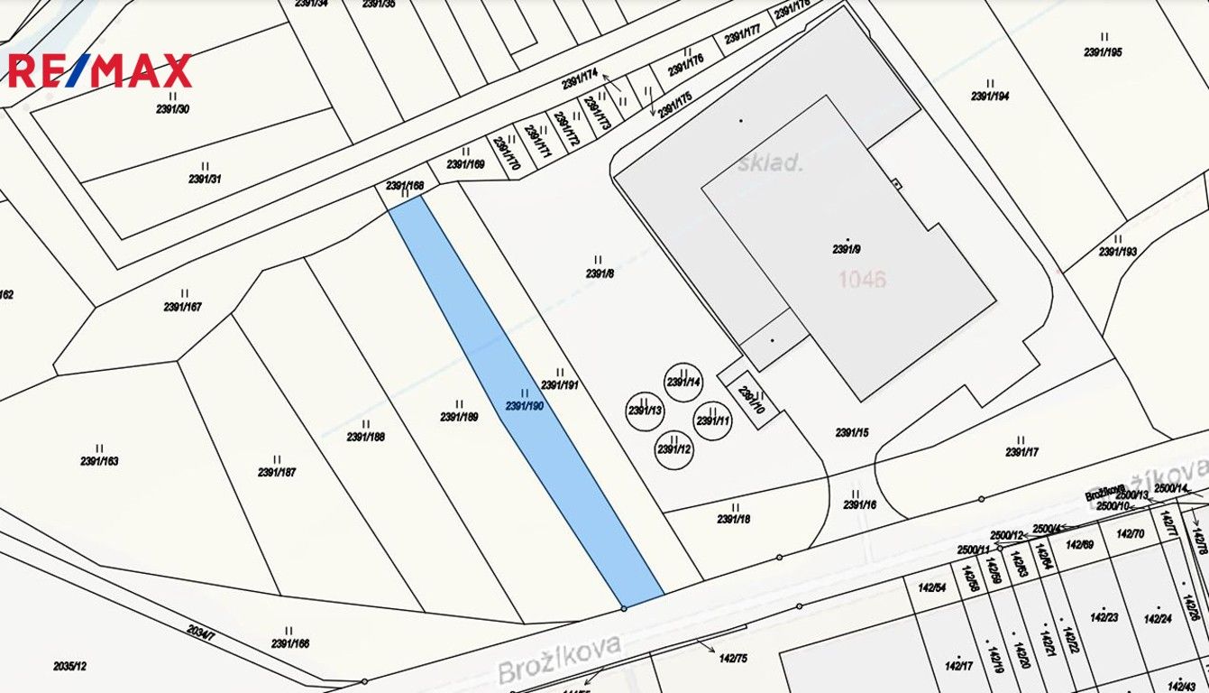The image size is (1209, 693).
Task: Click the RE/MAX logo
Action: click(100, 70)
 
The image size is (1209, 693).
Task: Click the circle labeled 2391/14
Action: click(683, 382)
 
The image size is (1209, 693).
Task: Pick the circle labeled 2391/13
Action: click(645, 411)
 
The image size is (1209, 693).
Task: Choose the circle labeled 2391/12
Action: click(674, 448)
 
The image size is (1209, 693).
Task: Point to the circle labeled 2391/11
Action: click(713, 420)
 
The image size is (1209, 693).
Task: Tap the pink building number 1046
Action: click(862, 279)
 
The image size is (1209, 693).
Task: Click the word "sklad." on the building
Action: click(770, 163)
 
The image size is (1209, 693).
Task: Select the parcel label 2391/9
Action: click(847, 249)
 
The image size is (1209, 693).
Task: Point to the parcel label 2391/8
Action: click(600, 273)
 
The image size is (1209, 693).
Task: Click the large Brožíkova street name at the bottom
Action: click(560, 661)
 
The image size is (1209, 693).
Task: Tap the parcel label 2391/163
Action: click(99, 461)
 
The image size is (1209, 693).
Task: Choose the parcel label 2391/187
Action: click(277, 472)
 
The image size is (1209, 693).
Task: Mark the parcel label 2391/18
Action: click(734, 519)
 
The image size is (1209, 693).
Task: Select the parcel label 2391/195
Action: click(1104, 52)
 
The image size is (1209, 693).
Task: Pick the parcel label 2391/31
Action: click(205, 179)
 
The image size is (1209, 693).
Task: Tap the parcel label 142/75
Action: click(731, 659)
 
